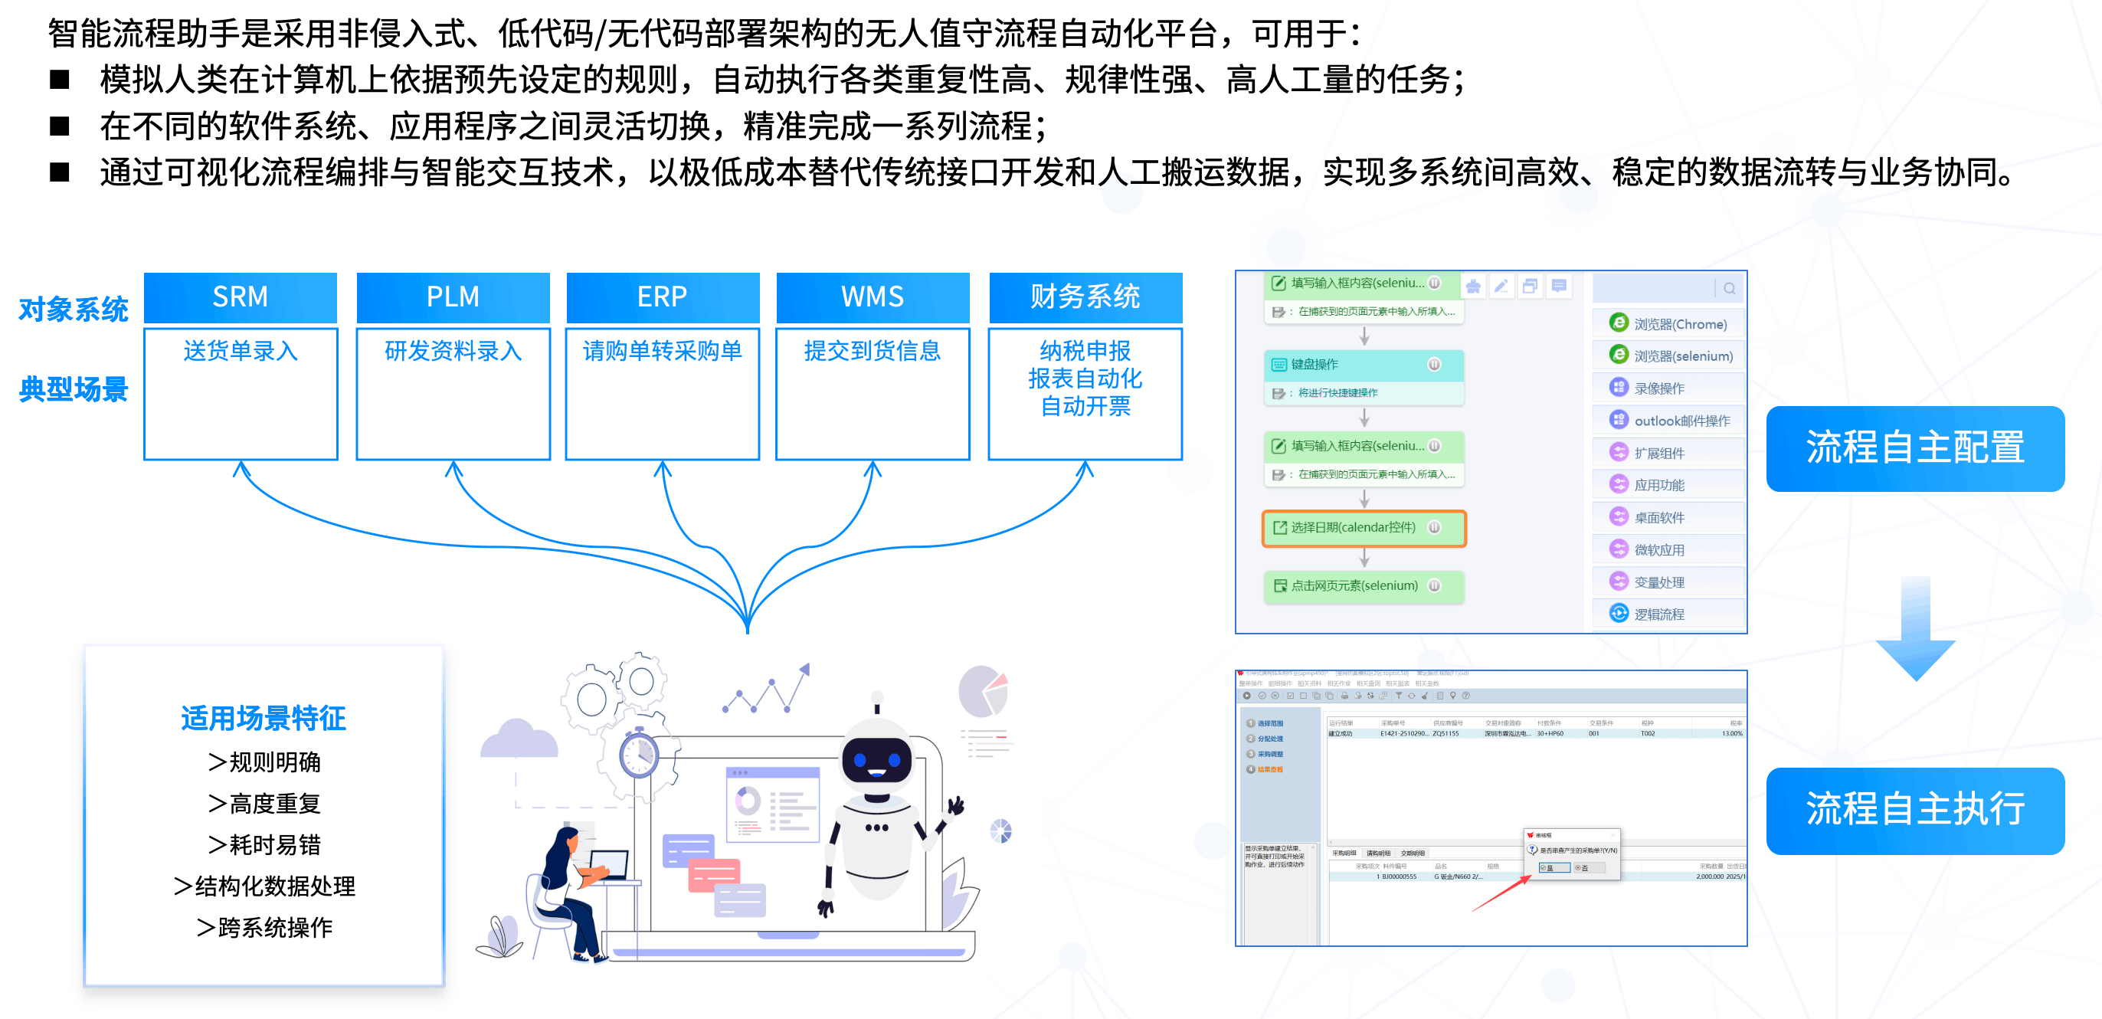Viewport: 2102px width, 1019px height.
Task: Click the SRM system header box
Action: tap(240, 297)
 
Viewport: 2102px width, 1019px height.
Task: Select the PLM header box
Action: tap(453, 297)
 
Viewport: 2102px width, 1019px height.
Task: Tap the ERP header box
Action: tap(662, 297)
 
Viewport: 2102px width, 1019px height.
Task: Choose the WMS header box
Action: tap(873, 297)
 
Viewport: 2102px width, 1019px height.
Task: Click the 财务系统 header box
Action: tap(1085, 297)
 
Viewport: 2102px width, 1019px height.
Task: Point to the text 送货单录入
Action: tap(240, 351)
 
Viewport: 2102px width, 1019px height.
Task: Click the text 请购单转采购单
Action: tap(662, 351)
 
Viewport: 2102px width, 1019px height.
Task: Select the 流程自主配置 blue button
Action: tap(1914, 448)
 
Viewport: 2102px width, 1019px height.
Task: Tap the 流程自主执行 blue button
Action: tap(1914, 809)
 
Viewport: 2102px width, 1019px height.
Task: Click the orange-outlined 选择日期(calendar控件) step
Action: tap(1364, 528)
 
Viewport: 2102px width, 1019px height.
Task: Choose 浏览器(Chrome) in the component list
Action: tap(1679, 324)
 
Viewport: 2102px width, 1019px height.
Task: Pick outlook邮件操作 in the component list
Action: tap(1681, 421)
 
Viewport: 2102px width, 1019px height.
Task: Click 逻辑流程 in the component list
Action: tap(1659, 614)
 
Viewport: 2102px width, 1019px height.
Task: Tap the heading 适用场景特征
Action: tap(264, 718)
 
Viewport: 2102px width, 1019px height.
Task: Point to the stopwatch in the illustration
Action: tap(639, 754)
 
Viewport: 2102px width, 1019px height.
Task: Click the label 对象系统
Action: tap(74, 310)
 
